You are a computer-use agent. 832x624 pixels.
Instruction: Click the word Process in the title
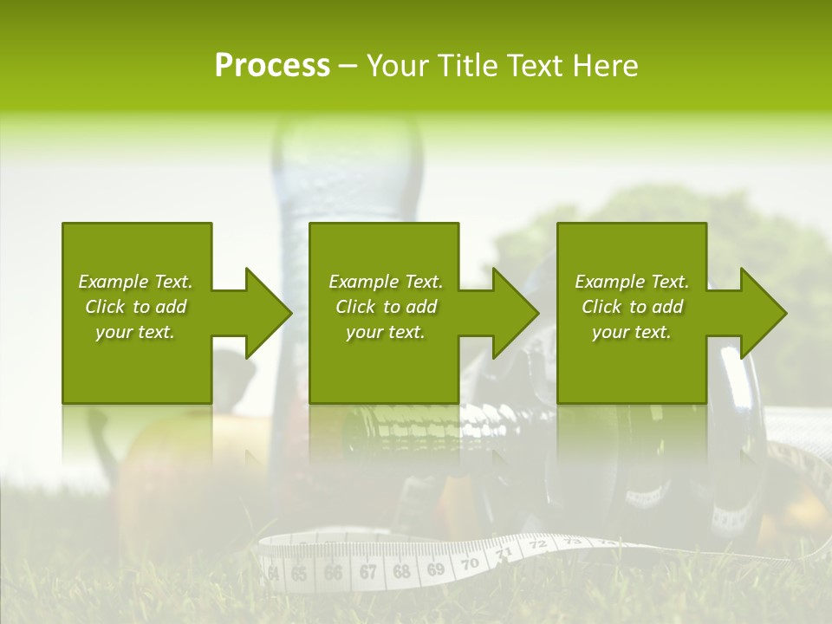click(x=272, y=66)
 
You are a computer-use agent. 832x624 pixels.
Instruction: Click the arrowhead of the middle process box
click(x=515, y=313)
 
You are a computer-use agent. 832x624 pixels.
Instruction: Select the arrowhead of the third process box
click(x=763, y=313)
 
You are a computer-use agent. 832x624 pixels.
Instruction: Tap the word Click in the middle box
click(x=354, y=307)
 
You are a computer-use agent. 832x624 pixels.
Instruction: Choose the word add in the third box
click(x=667, y=307)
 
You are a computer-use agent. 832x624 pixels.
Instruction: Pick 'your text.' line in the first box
click(x=135, y=332)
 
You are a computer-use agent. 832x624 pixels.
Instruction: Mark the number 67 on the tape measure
click(x=368, y=572)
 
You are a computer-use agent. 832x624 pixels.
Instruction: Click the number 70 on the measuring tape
click(x=469, y=563)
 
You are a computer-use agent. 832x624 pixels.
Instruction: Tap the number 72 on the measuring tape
click(x=537, y=544)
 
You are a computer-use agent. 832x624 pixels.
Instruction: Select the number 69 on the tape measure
click(x=435, y=569)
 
